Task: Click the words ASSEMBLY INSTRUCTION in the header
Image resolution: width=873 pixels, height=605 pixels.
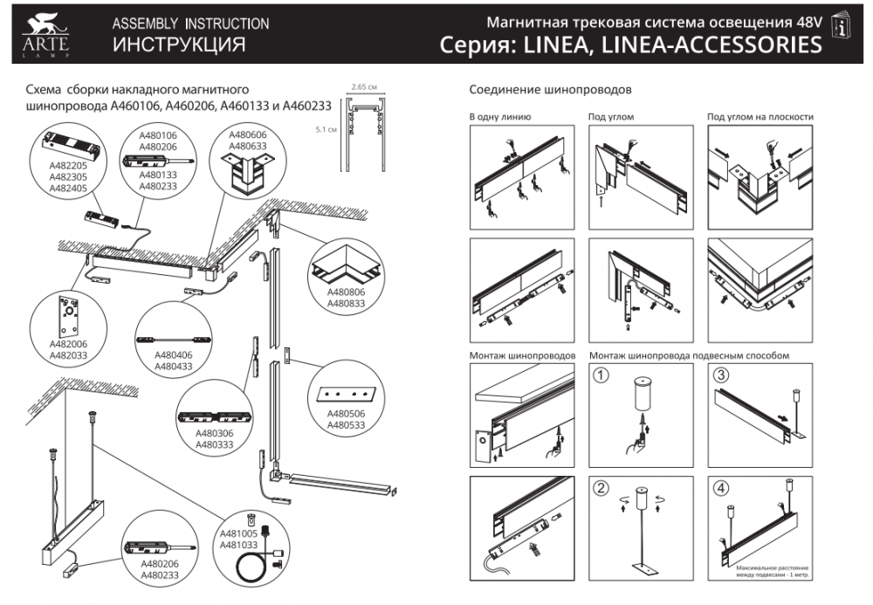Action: tap(190, 24)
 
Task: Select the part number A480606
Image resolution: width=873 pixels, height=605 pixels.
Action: tap(247, 136)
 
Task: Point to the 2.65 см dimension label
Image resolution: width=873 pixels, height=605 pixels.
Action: tap(363, 87)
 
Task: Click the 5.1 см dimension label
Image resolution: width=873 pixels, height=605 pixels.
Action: tap(326, 129)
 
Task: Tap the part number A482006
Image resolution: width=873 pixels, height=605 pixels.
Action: tap(67, 345)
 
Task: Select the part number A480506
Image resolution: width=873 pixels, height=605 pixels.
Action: tap(345, 415)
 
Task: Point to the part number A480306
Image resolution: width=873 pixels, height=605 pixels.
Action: tap(213, 433)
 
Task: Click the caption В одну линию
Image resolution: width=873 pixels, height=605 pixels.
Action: tap(500, 117)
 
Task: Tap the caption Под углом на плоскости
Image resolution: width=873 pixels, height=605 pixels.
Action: tap(760, 117)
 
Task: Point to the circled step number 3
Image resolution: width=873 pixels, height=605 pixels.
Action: tap(720, 376)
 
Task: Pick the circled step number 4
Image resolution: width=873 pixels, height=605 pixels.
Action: tap(720, 489)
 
